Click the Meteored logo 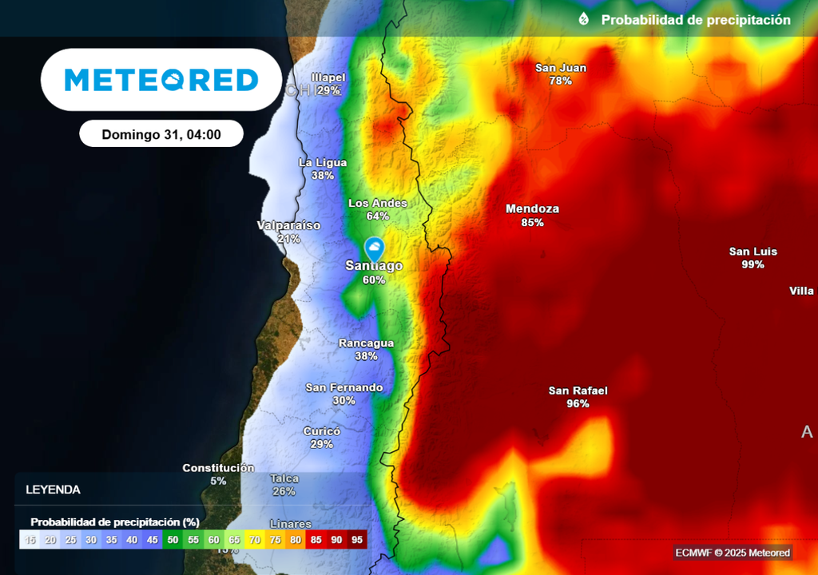(161, 80)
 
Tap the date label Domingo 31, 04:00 (161, 134)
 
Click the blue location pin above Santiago (374, 248)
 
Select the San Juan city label (561, 68)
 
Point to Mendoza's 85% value (532, 223)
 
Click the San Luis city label (752, 252)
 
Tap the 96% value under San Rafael (578, 404)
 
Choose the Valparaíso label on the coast (288, 225)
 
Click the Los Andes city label (378, 203)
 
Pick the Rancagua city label (366, 343)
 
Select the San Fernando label (344, 387)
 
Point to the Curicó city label (322, 431)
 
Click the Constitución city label (218, 468)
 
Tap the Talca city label (284, 479)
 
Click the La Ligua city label (323, 163)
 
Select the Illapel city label (328, 77)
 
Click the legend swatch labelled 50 (173, 540)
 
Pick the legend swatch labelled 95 (357, 540)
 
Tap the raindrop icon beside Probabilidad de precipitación (584, 19)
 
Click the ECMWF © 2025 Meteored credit (733, 553)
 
